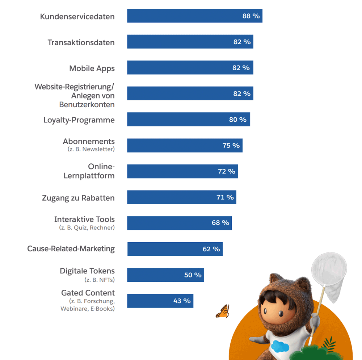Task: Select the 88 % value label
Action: click(x=251, y=16)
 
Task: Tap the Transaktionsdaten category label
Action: click(x=81, y=42)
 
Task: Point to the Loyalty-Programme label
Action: click(x=79, y=120)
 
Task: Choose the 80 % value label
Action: click(x=237, y=120)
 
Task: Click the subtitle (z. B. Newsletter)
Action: click(x=91, y=149)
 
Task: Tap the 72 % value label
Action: click(x=226, y=171)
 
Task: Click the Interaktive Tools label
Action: click(x=84, y=219)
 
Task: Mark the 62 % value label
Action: click(x=211, y=249)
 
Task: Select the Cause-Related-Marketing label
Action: click(x=71, y=249)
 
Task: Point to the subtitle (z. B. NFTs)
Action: click(x=99, y=280)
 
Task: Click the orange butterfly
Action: click(x=223, y=311)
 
